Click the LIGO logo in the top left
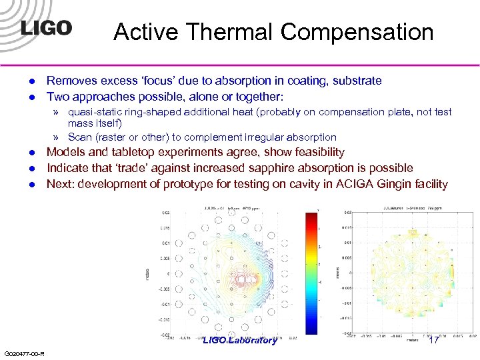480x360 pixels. [x=45, y=28]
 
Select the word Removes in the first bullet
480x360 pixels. [x=71, y=81]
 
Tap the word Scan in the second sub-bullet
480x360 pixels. [x=80, y=137]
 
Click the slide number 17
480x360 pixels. [x=433, y=340]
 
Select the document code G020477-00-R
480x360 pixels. [x=24, y=353]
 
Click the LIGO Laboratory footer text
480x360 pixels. [x=239, y=341]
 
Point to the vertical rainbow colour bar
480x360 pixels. [x=312, y=267]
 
